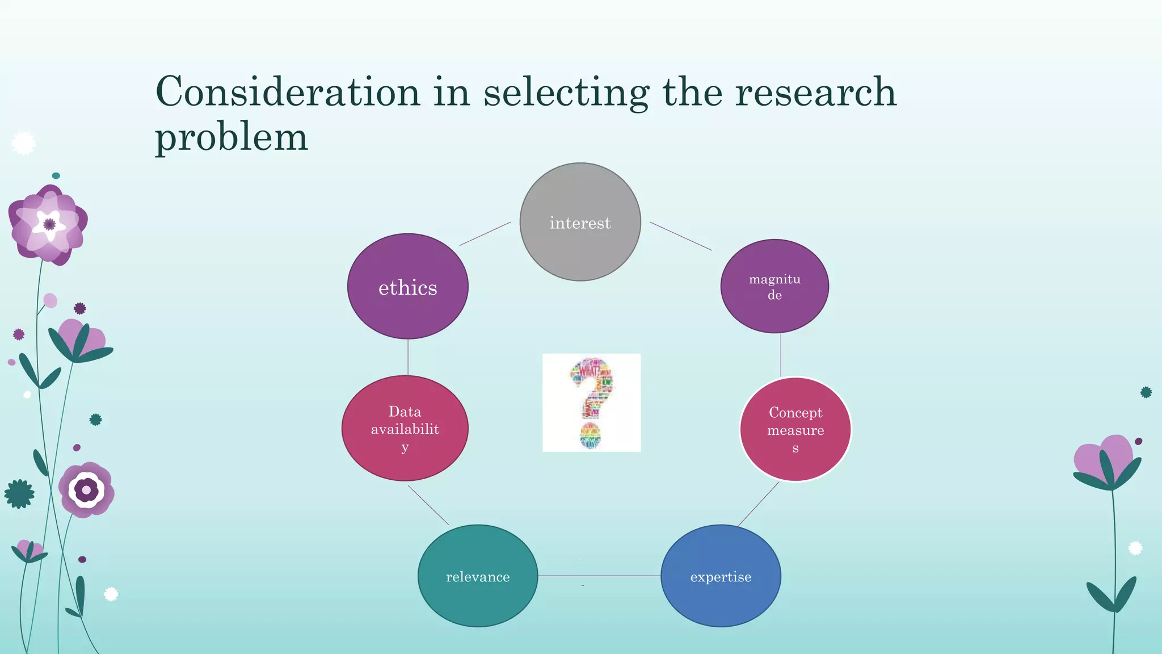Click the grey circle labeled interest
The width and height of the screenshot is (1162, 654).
point(580,222)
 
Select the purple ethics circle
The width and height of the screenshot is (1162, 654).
point(407,287)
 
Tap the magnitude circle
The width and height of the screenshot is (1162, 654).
point(774,286)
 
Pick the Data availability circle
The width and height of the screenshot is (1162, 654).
point(405,428)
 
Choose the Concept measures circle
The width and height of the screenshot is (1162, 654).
point(795,429)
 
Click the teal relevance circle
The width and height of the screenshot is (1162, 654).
point(478,576)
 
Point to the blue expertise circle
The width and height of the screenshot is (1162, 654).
point(721,576)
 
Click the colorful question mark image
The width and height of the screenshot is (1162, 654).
point(591,403)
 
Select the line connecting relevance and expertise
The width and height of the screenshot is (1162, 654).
point(599,576)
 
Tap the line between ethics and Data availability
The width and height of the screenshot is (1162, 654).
point(408,357)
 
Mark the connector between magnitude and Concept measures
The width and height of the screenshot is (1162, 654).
point(781,355)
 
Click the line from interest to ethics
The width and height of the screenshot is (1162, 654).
point(485,233)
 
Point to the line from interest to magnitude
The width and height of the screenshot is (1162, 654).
point(680,236)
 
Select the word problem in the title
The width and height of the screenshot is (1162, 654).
point(231,137)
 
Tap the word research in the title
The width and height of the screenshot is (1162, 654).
point(816,91)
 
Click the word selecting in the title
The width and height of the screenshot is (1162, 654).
point(566,93)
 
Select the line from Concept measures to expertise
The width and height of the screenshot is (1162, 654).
point(758,504)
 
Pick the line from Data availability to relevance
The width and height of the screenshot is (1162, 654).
point(428,505)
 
